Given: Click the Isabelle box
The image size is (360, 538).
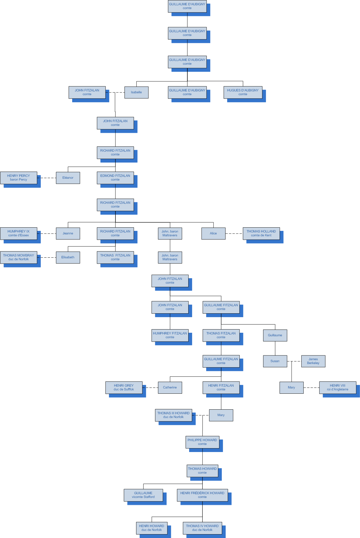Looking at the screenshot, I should tap(136, 92).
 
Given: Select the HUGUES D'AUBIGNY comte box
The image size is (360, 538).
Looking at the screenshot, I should tap(243, 92).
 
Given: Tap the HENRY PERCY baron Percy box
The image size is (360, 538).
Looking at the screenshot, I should tap(19, 178).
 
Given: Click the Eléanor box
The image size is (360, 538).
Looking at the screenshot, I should tap(68, 178).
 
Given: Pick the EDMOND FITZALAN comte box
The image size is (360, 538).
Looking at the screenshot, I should tap(115, 178).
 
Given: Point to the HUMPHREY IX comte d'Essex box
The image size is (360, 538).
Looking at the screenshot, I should tap(19, 234).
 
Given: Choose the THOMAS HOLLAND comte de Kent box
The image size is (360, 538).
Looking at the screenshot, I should tap(261, 234).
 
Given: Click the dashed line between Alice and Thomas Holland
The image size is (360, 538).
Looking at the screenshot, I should tap(234, 234).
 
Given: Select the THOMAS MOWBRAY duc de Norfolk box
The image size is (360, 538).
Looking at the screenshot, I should tap(19, 257).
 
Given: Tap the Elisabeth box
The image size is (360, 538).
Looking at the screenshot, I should tap(68, 257).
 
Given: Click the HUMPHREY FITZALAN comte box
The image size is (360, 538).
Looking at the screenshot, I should tap(170, 335).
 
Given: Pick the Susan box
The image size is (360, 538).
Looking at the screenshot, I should tap(275, 361).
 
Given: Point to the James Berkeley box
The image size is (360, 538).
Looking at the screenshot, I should tap(313, 361).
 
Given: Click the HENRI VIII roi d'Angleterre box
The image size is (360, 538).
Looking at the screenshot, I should tap(338, 388).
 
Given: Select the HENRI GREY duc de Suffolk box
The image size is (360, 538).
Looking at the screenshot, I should tap(124, 388).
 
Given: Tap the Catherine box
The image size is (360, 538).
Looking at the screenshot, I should tap(170, 388).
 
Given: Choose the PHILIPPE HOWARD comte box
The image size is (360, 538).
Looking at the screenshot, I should tap(202, 442).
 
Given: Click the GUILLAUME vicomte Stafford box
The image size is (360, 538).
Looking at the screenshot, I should tap(143, 495).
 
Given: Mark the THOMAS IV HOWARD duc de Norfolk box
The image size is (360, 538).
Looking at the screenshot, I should tap(202, 528).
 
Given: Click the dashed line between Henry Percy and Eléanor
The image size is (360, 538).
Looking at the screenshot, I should tap(47, 178).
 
